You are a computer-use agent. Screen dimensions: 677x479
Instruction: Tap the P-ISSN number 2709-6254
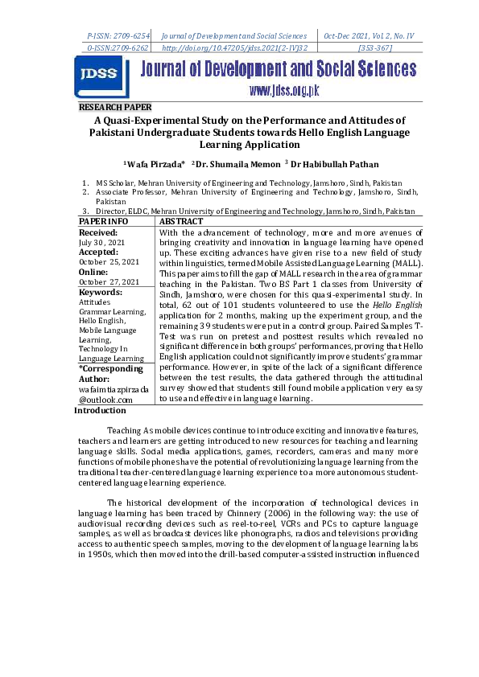point(118,36)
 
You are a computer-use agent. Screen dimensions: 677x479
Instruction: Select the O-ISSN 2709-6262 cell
point(118,48)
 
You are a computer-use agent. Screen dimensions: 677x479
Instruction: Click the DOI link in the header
point(234,48)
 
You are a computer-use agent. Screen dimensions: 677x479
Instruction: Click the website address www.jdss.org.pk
point(284,90)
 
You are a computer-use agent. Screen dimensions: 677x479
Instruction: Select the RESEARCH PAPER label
point(114,107)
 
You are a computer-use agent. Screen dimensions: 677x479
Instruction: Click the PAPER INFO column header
point(103,220)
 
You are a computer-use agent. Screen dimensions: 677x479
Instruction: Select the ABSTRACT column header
point(182,220)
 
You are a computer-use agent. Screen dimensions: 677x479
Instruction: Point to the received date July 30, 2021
point(101,241)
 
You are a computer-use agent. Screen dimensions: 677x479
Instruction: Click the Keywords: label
point(101,293)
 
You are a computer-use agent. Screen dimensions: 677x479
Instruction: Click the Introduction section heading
point(100,410)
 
